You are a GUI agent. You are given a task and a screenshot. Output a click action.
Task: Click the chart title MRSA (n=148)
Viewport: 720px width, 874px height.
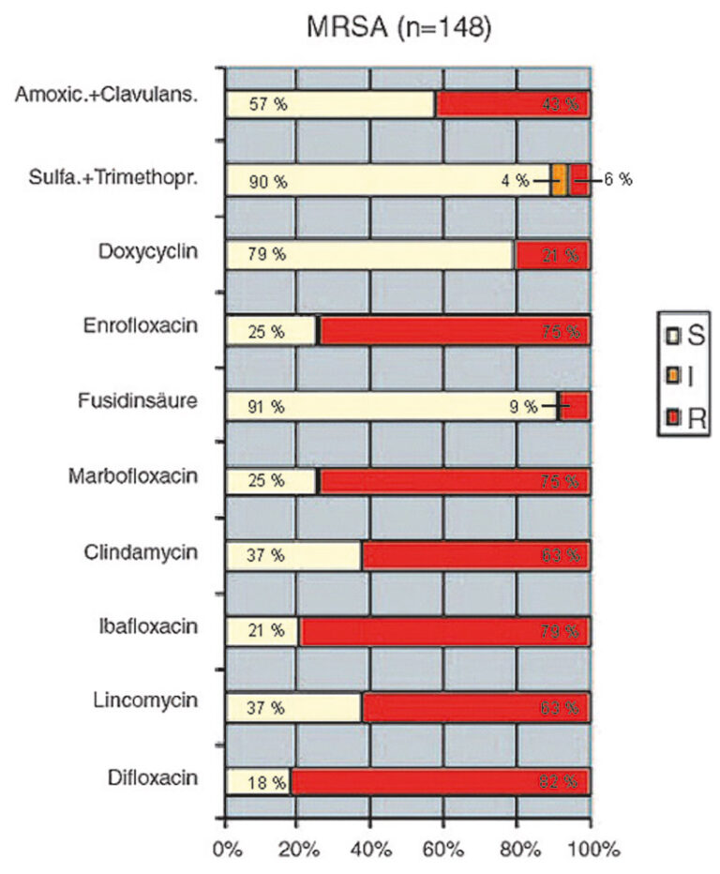[x=398, y=28]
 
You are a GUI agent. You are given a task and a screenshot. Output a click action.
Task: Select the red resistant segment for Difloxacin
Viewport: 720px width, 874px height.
[x=441, y=782]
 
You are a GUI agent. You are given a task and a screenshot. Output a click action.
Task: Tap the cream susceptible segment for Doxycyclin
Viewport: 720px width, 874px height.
[x=370, y=254]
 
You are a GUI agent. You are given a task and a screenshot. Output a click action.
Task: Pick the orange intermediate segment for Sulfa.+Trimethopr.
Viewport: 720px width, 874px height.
[x=559, y=179]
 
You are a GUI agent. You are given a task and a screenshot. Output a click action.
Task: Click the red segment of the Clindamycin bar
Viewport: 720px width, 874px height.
[x=475, y=556]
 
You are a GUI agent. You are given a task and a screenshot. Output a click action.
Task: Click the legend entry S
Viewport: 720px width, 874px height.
[x=684, y=332]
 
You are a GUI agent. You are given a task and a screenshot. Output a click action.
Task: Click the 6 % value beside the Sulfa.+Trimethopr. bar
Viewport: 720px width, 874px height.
[x=617, y=179]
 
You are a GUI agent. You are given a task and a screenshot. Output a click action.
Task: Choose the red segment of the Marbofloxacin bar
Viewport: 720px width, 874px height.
[x=455, y=481]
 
